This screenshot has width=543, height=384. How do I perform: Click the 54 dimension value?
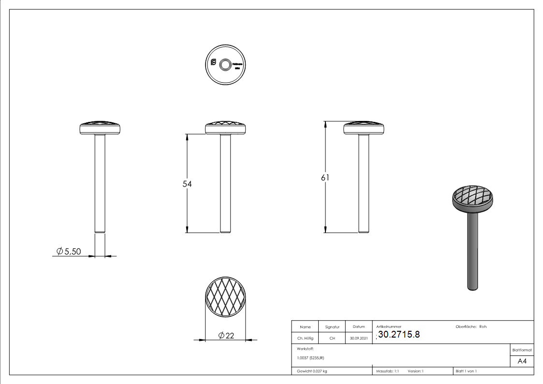tap(187, 184)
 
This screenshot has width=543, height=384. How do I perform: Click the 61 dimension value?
tap(325, 178)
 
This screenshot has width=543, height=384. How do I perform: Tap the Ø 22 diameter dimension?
tap(226, 336)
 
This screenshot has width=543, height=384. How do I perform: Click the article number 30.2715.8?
tap(398, 334)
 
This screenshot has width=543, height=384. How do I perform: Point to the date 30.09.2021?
tap(359, 339)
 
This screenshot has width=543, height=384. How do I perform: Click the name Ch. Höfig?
tap(305, 339)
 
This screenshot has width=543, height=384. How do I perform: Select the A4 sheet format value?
tap(522, 361)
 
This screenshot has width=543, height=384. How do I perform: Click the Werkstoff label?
tap(306, 348)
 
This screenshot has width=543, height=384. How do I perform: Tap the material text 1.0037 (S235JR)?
tap(310, 358)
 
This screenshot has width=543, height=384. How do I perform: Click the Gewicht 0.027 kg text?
tap(312, 371)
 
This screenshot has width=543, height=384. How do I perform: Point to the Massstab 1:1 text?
tap(387, 371)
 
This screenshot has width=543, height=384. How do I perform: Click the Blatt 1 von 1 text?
tap(466, 371)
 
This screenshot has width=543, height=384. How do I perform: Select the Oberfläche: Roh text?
tap(471, 327)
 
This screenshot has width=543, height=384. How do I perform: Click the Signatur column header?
tap(332, 327)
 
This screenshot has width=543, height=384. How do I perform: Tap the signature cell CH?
tap(332, 339)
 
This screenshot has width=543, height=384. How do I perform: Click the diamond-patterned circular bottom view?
tap(226, 297)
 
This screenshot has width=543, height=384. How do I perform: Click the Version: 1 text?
tap(416, 371)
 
